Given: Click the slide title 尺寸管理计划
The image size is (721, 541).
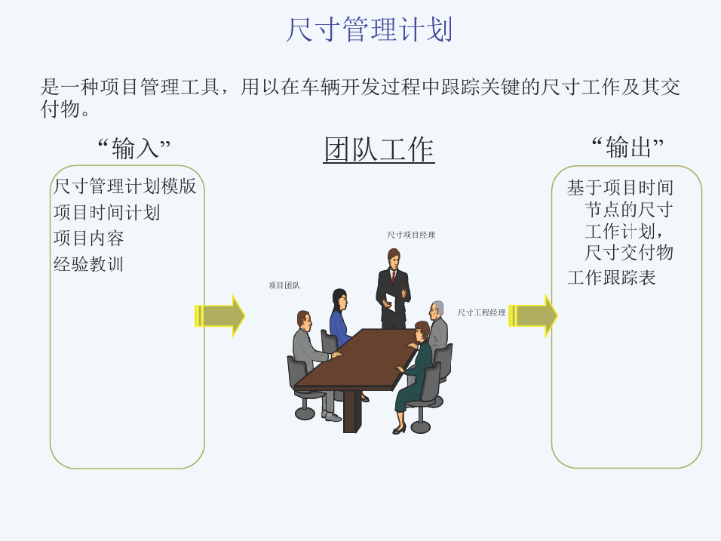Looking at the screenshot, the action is tap(370, 29).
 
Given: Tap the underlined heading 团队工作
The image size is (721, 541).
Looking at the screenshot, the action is tap(379, 149).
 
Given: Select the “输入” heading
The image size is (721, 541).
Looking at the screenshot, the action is tap(133, 148).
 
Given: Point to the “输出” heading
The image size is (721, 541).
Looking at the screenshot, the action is tap(627, 147).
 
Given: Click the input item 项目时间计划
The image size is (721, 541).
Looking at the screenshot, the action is tap(106, 213).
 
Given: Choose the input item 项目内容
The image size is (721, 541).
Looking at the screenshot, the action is tap(89, 238).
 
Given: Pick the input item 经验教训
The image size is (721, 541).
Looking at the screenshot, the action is tap(88, 264).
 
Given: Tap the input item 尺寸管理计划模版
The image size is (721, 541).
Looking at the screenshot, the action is tap(124, 186).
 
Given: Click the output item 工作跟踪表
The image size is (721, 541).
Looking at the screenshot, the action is tap(612, 278).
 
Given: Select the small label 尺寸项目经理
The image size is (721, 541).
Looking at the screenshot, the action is tap(411, 235).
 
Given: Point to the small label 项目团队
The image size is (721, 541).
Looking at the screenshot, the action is tap(284, 285).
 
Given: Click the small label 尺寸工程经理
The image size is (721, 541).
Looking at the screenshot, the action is tap(481, 313).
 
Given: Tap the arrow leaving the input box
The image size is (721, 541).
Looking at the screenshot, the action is tap(220, 316).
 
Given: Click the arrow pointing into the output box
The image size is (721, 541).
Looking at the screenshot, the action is tap(533, 316).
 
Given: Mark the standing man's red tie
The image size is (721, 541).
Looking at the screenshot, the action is tap(393, 276).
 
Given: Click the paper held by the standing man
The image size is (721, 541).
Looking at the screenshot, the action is tap(390, 302).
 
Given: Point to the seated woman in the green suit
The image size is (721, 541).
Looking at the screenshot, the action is tap(414, 373).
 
